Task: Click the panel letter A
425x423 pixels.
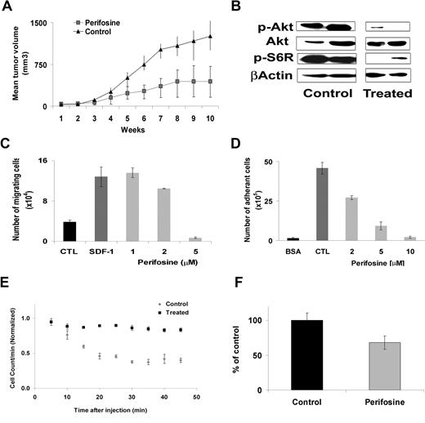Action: tap(11, 9)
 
